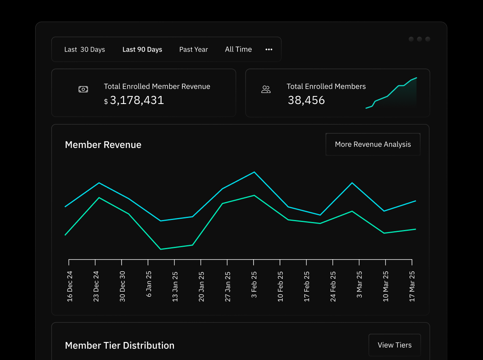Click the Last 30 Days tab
click(x=84, y=50)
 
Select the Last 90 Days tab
click(x=142, y=50)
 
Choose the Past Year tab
click(x=194, y=50)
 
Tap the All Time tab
click(x=238, y=49)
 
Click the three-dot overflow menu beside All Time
click(x=269, y=50)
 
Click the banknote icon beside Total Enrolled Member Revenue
click(x=83, y=89)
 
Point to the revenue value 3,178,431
click(x=137, y=100)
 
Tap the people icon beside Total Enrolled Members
click(x=266, y=89)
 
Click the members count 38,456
click(x=306, y=100)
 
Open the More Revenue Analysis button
click(x=373, y=144)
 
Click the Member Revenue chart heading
click(x=103, y=145)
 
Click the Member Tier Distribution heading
click(x=120, y=346)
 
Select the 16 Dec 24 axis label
click(x=70, y=286)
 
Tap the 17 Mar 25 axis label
click(x=412, y=286)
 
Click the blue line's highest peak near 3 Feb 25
click(x=254, y=172)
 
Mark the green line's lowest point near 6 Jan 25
click(x=160, y=249)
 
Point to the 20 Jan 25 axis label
click(x=202, y=286)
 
